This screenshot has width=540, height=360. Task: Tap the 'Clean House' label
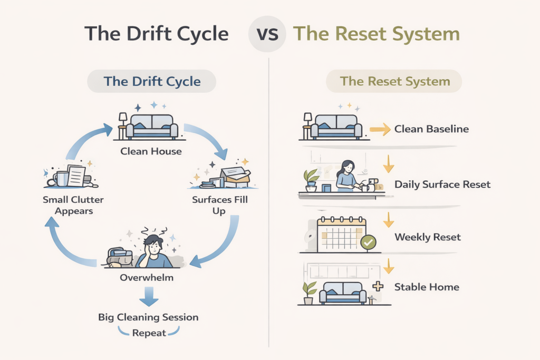click(x=151, y=151)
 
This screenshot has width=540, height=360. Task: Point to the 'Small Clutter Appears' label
click(x=74, y=206)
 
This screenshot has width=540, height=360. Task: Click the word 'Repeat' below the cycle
click(x=149, y=333)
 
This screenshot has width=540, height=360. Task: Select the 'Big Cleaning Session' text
click(x=148, y=317)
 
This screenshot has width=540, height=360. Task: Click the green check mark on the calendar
click(x=368, y=242)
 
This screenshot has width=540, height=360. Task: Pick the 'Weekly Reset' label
click(x=428, y=237)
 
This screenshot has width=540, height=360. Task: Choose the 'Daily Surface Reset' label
click(x=442, y=184)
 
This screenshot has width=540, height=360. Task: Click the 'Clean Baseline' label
click(x=431, y=129)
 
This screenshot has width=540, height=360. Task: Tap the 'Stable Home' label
click(x=427, y=287)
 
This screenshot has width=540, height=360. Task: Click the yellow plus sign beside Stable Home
click(x=378, y=287)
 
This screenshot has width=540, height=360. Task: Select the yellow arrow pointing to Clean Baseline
click(x=379, y=129)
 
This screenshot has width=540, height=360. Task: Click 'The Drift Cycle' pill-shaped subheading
click(x=152, y=81)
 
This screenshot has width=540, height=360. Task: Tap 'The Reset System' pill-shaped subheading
click(x=394, y=81)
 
